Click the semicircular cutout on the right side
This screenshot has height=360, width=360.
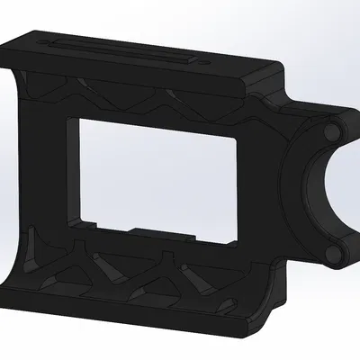(x=346, y=193)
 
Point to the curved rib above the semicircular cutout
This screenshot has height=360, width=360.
(x=301, y=144)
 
